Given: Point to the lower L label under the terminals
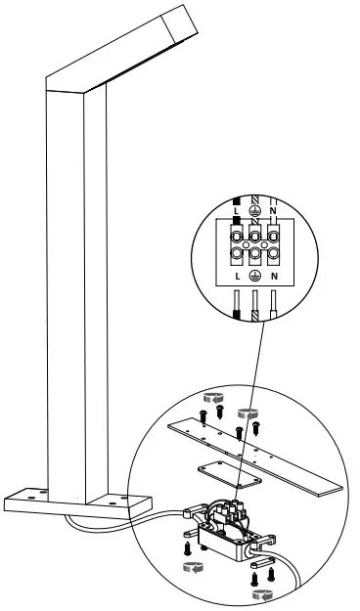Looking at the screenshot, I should point(235,276).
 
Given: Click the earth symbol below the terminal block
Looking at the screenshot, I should point(255,276).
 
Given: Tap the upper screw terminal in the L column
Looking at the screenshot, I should point(236,235).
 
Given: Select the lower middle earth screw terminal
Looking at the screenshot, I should point(255,256).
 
